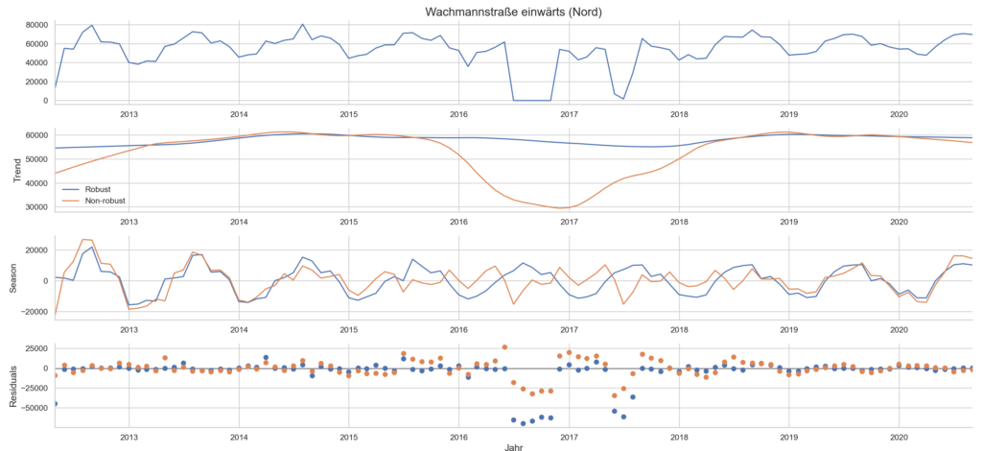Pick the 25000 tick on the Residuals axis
tap(34, 348)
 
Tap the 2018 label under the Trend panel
tap(679, 222)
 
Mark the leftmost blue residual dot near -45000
tap(55, 404)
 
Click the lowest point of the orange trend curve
tap(566, 208)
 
